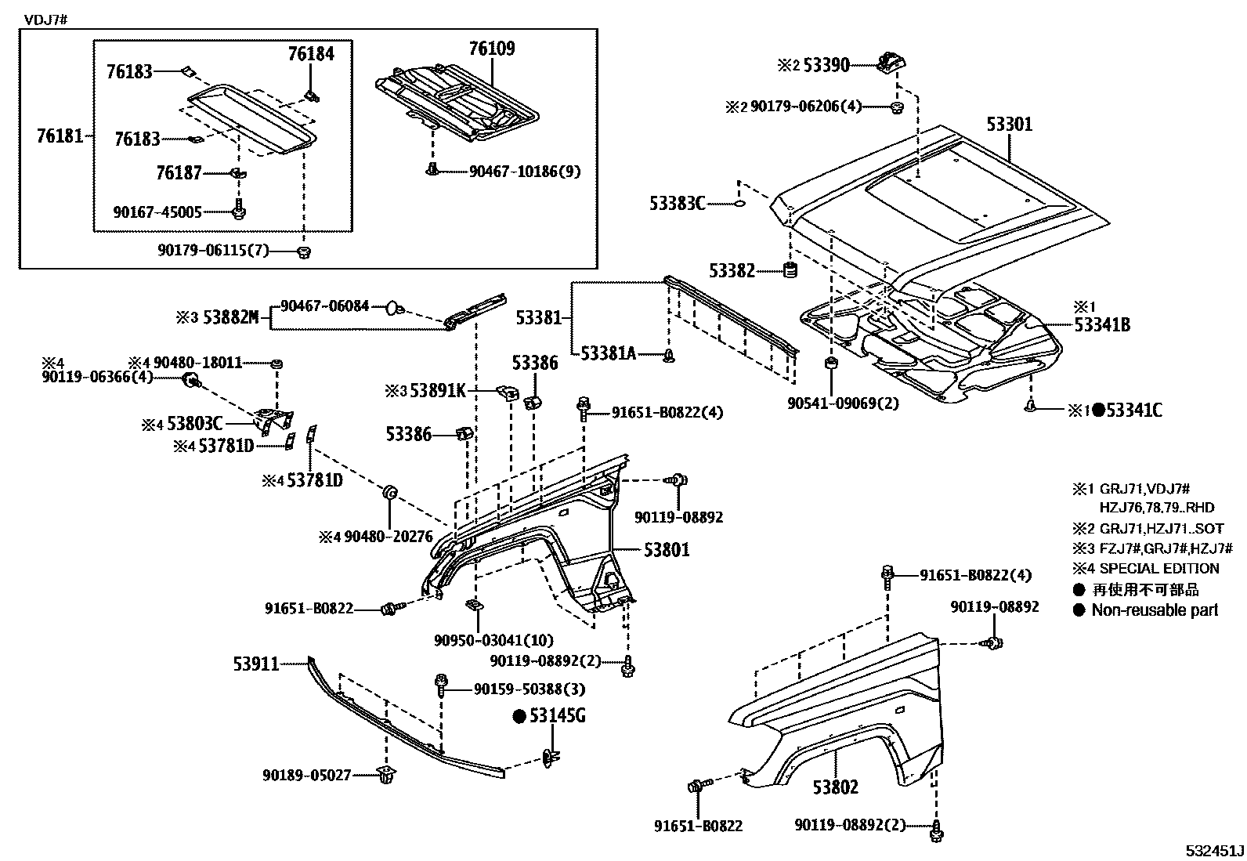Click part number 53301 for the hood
pyautogui.click(x=1009, y=125)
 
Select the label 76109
pyautogui.click(x=492, y=49)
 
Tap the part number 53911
pyautogui.click(x=255, y=664)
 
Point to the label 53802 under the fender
pyautogui.click(x=835, y=787)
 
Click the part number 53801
pyautogui.click(x=667, y=550)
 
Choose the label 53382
pyautogui.click(x=732, y=271)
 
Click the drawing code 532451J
pyautogui.click(x=1213, y=850)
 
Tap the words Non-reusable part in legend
pyautogui.click(x=1155, y=610)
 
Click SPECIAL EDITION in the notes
pyautogui.click(x=1158, y=569)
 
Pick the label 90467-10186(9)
pyautogui.click(x=525, y=171)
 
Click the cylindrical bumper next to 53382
pyautogui.click(x=791, y=272)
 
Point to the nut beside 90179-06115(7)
pyautogui.click(x=305, y=251)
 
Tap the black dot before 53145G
pyautogui.click(x=518, y=715)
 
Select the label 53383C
pyautogui.click(x=677, y=204)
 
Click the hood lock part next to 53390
pyautogui.click(x=891, y=61)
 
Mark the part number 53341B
pyautogui.click(x=1101, y=324)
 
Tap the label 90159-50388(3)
pyautogui.click(x=530, y=689)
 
